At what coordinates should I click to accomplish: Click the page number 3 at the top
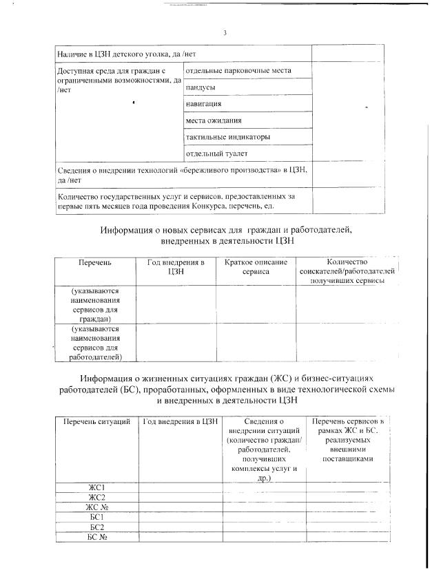pyautogui.click(x=225, y=33)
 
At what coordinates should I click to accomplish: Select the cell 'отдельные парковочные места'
pyautogui.click(x=238, y=70)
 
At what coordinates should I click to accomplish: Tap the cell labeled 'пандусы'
pyautogui.click(x=201, y=87)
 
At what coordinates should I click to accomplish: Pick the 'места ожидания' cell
pyautogui.click(x=214, y=120)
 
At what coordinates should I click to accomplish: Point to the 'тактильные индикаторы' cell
pyautogui.click(x=227, y=137)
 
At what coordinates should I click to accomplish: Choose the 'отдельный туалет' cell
pyautogui.click(x=216, y=154)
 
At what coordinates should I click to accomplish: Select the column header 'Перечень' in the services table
pyautogui.click(x=95, y=262)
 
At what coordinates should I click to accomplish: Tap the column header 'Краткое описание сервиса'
pyautogui.click(x=256, y=267)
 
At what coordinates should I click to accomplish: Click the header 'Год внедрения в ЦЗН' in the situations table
pyautogui.click(x=181, y=421)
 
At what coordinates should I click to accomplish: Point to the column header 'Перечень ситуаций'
pyautogui.click(x=96, y=421)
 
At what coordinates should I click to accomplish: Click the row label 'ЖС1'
pyautogui.click(x=96, y=487)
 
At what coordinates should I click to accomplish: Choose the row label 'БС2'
pyautogui.click(x=96, y=527)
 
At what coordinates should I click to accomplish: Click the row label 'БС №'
pyautogui.click(x=96, y=537)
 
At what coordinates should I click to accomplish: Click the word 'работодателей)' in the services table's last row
pyautogui.click(x=95, y=357)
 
